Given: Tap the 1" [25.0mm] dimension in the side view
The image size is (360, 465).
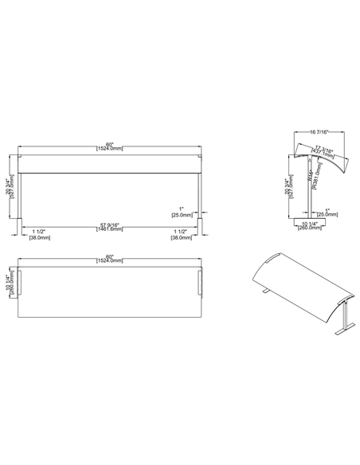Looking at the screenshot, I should point(327,213).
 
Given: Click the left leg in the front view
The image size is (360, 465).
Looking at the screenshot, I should point(22,203).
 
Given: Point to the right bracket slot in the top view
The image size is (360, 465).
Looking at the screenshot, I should point(201,282).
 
